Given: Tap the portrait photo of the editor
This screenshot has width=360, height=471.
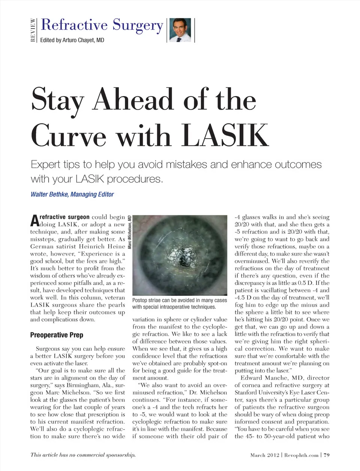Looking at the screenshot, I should pos(180,30).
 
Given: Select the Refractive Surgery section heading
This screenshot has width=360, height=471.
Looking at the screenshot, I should pos(102,25).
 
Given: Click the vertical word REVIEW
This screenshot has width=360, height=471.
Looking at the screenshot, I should pos(33,30).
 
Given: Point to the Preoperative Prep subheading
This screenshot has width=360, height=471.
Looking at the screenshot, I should pos(57,335).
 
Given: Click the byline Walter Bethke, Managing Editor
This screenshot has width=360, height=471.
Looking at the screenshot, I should pos(72,194).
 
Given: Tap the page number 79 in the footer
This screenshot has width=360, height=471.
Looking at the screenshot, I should pos(327,455).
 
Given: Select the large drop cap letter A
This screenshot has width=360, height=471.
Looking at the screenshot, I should pos(34,220).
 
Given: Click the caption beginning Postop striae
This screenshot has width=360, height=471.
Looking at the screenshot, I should pos(180,303).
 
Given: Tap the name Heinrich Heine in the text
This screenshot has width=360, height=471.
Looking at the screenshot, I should pos(102,246).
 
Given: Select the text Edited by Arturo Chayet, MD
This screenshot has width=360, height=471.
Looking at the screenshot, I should pos(72,40).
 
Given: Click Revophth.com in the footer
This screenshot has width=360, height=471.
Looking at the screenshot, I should pos(301,455).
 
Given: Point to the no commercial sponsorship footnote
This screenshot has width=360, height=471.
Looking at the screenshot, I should pos(83,455).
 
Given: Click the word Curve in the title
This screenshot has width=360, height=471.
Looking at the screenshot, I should pos(69,135).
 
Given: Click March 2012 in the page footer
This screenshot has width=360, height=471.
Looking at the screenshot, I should pos(265,455).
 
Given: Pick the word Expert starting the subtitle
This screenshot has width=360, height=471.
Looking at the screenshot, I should pos(46,165).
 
